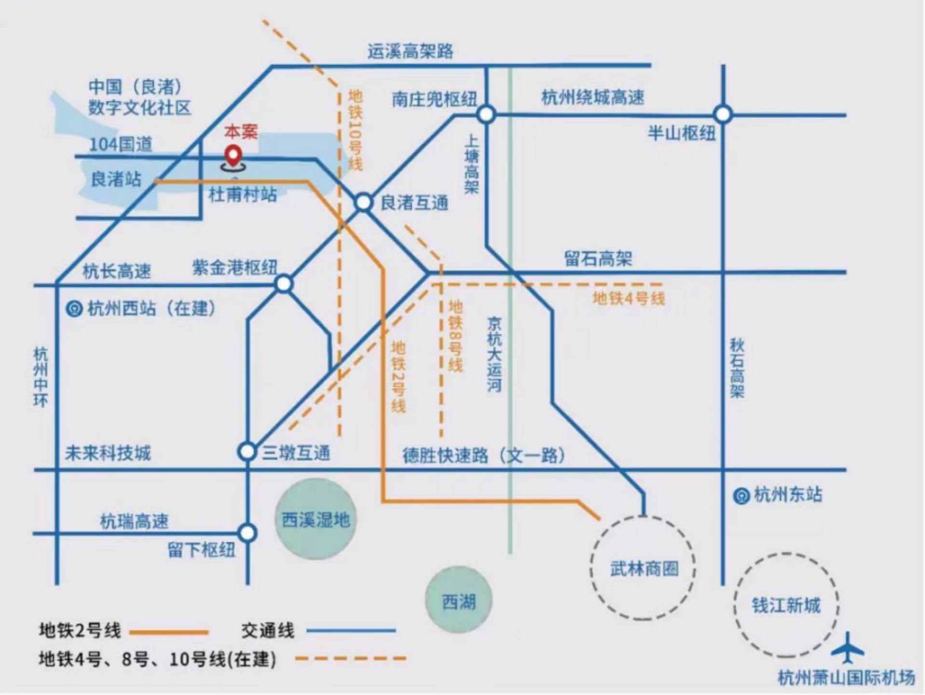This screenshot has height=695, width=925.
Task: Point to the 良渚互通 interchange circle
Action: (x=364, y=202)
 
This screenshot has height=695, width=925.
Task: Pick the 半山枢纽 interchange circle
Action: (x=722, y=114)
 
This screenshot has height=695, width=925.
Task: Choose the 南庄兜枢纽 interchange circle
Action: (x=486, y=114)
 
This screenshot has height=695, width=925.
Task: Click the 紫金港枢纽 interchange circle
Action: (x=284, y=284)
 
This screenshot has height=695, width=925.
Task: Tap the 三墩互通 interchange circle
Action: (x=247, y=452)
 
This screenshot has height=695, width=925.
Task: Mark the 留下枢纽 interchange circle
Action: (x=247, y=533)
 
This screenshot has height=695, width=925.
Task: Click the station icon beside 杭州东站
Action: (x=740, y=496)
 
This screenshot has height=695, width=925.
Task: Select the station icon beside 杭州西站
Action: (x=74, y=309)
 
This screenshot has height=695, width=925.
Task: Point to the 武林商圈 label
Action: (x=644, y=569)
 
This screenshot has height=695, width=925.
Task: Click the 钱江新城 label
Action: (x=786, y=605)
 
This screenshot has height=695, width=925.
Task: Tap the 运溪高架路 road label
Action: (x=410, y=51)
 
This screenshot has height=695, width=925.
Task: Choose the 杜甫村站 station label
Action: (x=243, y=195)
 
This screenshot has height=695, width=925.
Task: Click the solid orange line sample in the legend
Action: (x=169, y=632)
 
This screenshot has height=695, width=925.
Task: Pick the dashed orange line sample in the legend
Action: (x=350, y=658)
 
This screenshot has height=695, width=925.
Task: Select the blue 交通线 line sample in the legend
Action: (x=351, y=630)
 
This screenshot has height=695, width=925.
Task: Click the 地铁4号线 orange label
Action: (x=628, y=298)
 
